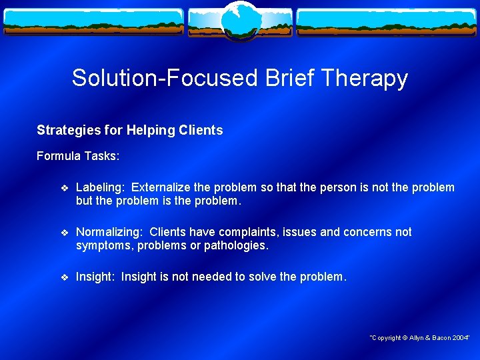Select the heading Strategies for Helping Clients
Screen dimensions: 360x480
point(130,131)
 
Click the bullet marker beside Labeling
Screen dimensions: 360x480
point(64,188)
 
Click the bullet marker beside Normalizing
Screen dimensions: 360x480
point(64,233)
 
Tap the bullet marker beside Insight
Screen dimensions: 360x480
point(64,277)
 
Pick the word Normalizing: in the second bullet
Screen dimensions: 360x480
point(109,232)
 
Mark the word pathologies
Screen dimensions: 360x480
point(235,246)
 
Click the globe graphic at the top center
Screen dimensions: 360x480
point(240,20)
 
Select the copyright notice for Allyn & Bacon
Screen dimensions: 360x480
point(420,338)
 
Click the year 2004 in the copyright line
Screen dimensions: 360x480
point(459,338)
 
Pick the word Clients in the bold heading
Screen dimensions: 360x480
point(201,131)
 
